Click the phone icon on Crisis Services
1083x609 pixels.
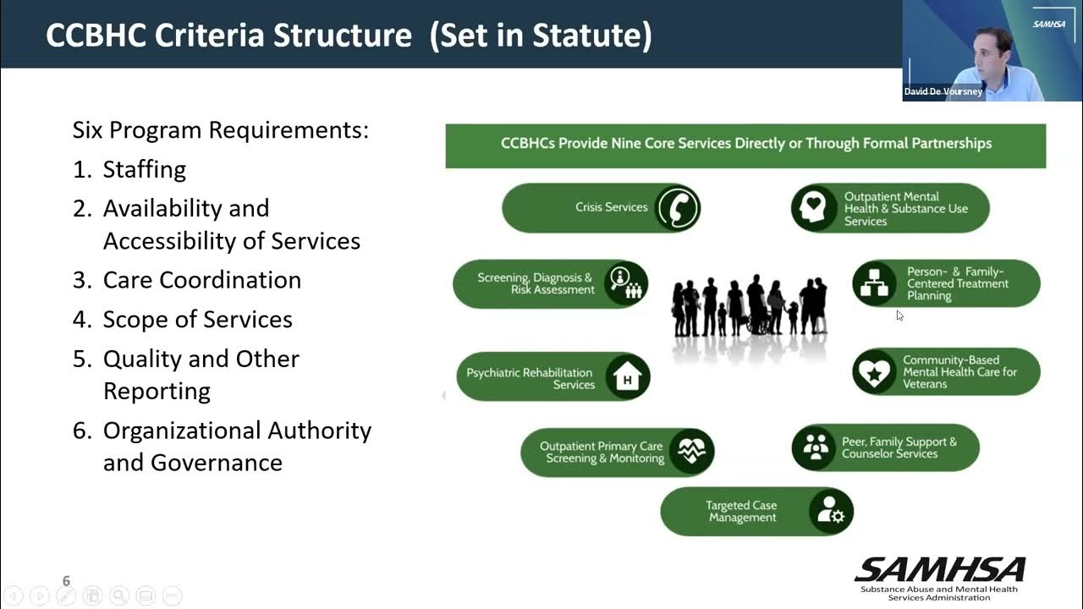click(x=677, y=208)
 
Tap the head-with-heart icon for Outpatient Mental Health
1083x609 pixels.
click(x=815, y=208)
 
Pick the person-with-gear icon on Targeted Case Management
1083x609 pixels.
click(x=830, y=512)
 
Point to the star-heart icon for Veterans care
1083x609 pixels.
click(x=874, y=372)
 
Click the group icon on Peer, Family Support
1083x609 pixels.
click(x=815, y=447)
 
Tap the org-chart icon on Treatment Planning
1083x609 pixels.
click(x=874, y=283)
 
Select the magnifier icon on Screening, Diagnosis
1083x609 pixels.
click(x=625, y=283)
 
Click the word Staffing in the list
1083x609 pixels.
click(x=144, y=169)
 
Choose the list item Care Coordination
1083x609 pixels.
click(x=201, y=280)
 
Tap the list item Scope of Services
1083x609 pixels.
click(x=197, y=319)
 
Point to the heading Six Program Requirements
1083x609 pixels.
click(x=220, y=130)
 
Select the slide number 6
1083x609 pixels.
click(x=66, y=581)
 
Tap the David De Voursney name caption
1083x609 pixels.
click(x=943, y=91)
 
